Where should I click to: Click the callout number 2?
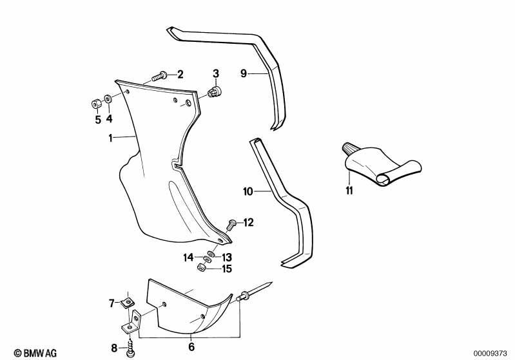point(180,75)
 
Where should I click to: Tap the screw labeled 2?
point(159,77)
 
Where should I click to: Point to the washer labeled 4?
point(108,99)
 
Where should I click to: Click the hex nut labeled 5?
point(96,104)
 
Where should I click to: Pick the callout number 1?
point(110,138)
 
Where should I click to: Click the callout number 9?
point(244,73)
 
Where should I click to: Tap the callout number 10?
point(248,191)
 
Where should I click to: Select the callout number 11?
point(349,191)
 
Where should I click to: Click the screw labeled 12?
point(231,225)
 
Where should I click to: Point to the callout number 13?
point(227,258)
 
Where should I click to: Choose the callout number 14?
point(188,258)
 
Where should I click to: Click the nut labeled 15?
point(200,267)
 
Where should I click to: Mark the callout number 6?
point(191,346)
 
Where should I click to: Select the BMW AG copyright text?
point(35,353)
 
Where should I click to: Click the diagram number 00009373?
point(490,354)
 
